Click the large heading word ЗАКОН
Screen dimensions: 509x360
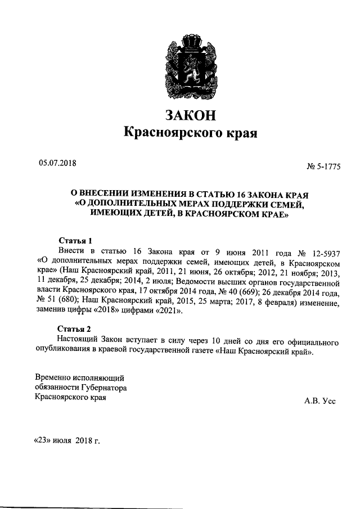click(190, 115)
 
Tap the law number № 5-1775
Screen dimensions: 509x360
click(324, 166)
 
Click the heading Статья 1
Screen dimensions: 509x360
click(75, 240)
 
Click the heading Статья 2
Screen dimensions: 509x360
click(75, 328)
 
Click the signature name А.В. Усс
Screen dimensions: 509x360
click(320, 401)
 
